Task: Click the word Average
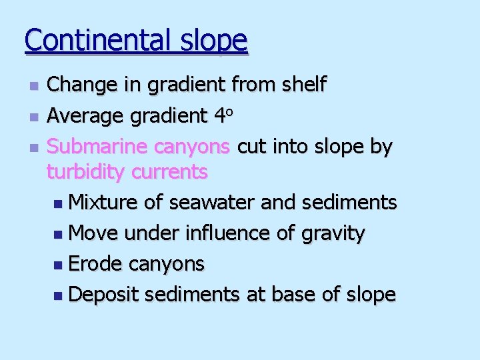85,115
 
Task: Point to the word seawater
213,202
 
